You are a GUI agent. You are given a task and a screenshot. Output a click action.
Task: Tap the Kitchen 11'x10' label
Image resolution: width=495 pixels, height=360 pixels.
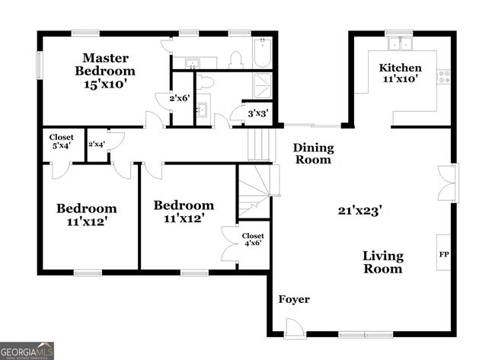click(400, 73)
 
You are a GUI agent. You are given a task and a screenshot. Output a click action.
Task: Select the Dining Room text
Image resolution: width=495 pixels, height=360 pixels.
click(313, 154)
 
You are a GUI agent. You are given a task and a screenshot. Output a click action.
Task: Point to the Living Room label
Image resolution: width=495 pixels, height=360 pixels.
click(382, 263)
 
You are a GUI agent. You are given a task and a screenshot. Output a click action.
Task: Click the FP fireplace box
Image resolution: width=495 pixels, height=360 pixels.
click(443, 254)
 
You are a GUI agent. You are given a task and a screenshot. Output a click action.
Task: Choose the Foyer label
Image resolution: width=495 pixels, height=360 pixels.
click(293, 299)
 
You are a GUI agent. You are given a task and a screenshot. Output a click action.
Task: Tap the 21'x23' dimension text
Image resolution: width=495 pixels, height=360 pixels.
click(360, 210)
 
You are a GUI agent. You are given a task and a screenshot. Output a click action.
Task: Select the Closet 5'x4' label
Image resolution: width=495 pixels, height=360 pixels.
click(62, 142)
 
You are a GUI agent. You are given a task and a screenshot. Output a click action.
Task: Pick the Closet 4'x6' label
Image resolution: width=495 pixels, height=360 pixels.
click(253, 241)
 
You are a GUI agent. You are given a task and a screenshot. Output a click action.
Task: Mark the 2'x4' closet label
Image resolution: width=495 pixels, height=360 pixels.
click(96, 144)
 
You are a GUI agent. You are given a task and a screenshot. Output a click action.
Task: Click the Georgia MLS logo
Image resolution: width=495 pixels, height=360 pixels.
click(27, 350)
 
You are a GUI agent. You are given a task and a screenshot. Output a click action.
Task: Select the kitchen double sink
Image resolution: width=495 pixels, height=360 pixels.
click(398, 43)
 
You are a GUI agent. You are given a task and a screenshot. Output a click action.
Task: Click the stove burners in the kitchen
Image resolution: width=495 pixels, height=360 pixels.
click(443, 76)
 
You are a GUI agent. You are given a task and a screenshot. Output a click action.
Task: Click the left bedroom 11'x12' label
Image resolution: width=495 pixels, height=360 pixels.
click(87, 215)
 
